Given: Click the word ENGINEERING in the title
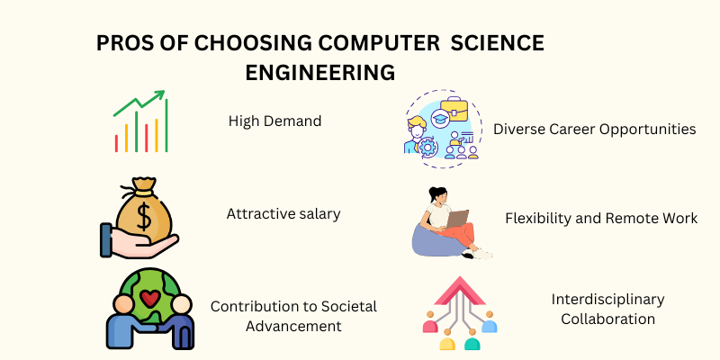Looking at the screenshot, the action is click(320, 73).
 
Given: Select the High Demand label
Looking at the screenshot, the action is click(274, 121).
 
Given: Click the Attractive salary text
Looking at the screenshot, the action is click(283, 214).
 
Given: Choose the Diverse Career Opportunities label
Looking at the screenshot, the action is click(595, 130).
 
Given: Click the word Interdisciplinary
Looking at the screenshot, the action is click(608, 300).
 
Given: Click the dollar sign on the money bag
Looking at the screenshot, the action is click(144, 217).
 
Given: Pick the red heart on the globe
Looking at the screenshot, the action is click(150, 299).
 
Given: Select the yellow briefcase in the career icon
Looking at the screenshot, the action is click(454, 109).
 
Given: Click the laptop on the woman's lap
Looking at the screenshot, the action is click(457, 219).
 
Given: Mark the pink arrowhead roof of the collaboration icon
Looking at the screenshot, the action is click(460, 291).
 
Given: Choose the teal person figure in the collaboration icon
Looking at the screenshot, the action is click(472, 340).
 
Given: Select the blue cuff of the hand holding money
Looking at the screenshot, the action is click(105, 239).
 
